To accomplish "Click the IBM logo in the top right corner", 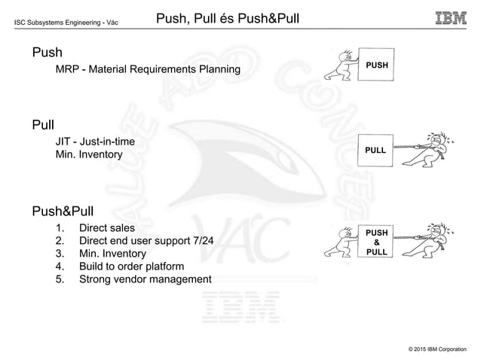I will point(451,17).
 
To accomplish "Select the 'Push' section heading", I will point(47,53).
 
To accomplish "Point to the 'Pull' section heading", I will point(43,122).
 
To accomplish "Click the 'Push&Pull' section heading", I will point(65,209).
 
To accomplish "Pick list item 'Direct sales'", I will point(106,227).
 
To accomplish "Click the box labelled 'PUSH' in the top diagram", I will point(376,66).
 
